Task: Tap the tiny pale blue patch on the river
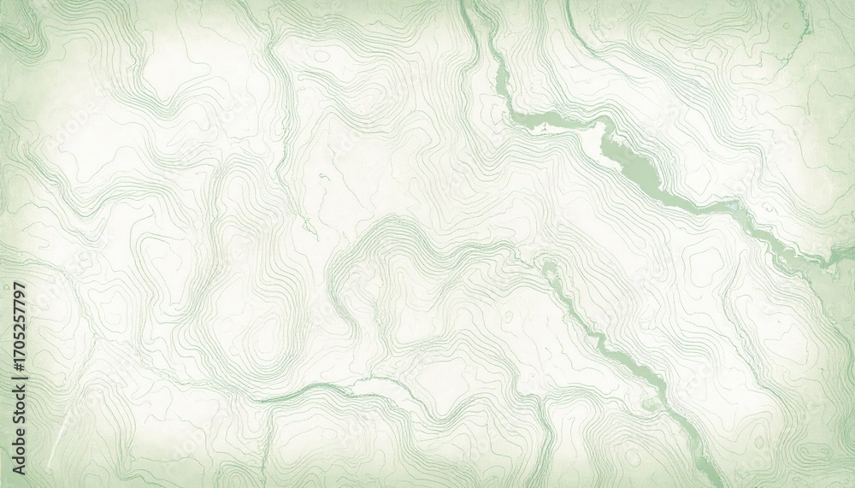coord(734,205)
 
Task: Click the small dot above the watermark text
coord(17,283)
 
